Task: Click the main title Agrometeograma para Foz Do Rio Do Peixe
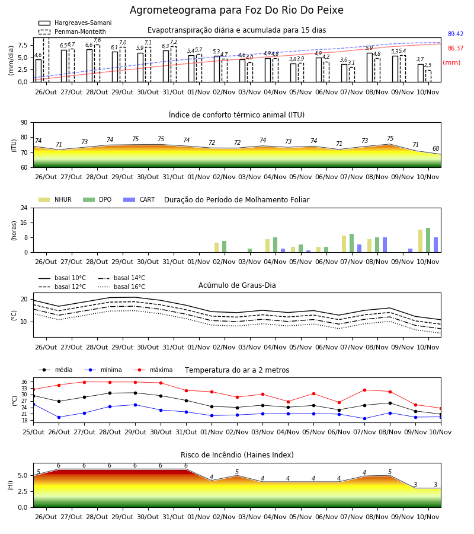pos(236,10)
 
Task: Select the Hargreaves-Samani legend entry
pos(75,23)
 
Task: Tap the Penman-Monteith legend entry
pos(72,31)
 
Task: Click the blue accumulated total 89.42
pos(456,34)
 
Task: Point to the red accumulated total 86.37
pos(456,49)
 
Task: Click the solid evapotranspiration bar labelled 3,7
pos(421,73)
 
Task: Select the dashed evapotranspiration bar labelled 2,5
pos(428,77)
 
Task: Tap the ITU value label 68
pos(436,148)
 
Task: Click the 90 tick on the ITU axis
pos(24,123)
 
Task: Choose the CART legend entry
pos(139,199)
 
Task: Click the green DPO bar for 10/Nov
pos(428,240)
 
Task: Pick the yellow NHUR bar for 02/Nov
pos(217,247)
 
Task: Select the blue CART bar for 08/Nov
pos(385,245)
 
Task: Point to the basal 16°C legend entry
pos(121,287)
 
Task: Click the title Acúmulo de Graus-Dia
pos(237,285)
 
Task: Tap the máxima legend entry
pos(153,370)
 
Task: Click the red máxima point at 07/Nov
pos(365,390)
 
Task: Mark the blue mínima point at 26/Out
pos(59,417)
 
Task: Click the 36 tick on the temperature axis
pos(24,382)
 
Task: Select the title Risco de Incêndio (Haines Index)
pos(237,455)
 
